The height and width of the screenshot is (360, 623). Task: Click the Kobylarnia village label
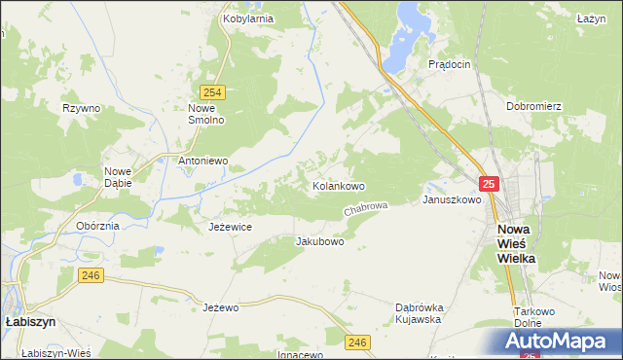tap(247, 18)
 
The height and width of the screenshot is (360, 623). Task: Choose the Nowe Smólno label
tap(206, 114)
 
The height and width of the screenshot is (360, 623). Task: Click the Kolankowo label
tap(338, 185)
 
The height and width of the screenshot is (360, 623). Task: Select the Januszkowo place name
tap(452, 200)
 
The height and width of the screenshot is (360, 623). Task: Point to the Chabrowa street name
tap(366, 209)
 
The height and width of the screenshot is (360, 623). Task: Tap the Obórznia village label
tap(97, 226)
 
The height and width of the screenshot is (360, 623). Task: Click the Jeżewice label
tap(231, 227)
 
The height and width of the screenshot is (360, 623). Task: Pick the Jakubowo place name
tap(319, 241)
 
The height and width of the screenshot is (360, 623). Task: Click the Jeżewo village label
tap(221, 307)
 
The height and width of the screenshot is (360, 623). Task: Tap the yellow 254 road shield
tap(215, 92)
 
